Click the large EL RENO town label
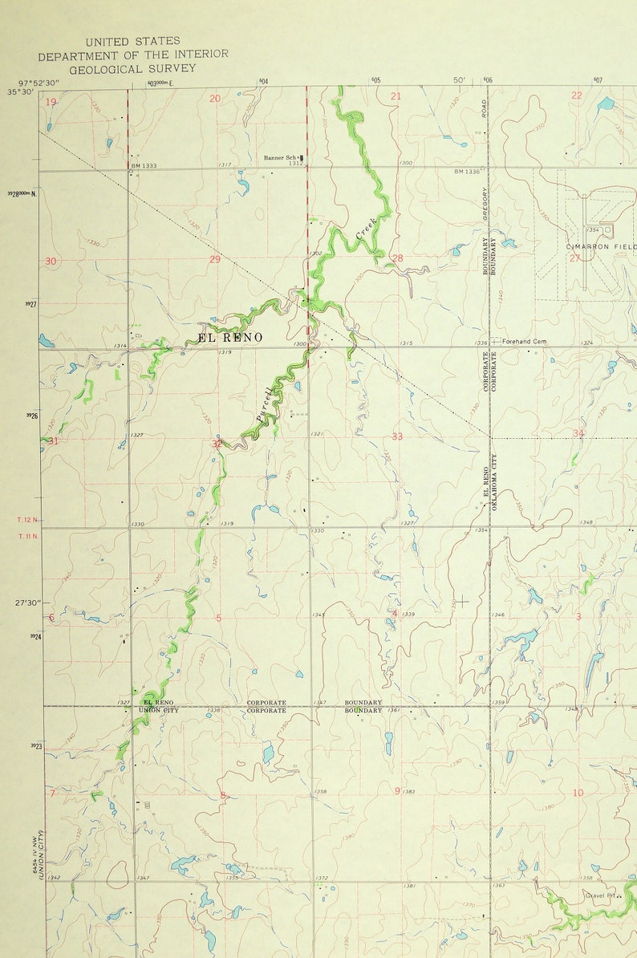pyautogui.click(x=229, y=338)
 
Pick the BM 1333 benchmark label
pyautogui.click(x=144, y=165)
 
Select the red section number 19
pyautogui.click(x=51, y=101)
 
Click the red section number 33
pyautogui.click(x=397, y=436)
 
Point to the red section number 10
pyautogui.click(x=578, y=793)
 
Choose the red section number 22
pyautogui.click(x=576, y=95)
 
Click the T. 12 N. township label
pyautogui.click(x=27, y=521)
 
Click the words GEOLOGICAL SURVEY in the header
pyautogui.click(x=132, y=69)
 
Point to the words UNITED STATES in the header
pyautogui.click(x=132, y=40)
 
